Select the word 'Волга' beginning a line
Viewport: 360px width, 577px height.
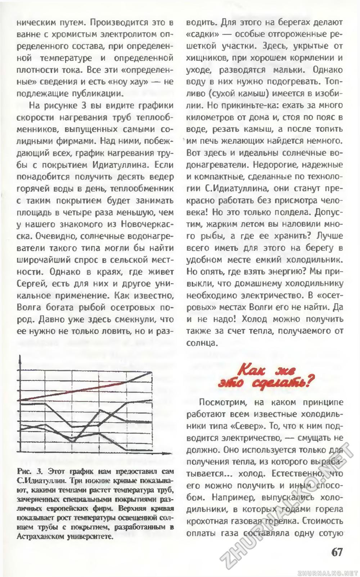point(29,307)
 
